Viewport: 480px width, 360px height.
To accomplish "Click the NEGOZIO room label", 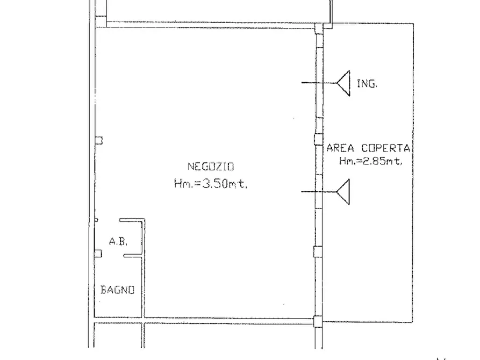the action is (211, 167).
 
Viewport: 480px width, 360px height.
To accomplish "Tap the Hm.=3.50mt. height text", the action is (211, 183).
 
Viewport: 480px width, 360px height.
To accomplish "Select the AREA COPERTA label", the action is (368, 148).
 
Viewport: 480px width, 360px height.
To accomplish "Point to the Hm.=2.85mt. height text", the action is (370, 161).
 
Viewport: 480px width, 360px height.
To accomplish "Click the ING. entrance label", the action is (367, 84).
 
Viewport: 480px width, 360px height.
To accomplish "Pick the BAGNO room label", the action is (118, 290).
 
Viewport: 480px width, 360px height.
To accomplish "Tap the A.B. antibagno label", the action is (118, 242).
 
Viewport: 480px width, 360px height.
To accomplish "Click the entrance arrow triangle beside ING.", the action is (344, 83).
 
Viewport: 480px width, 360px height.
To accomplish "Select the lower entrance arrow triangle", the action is (343, 192).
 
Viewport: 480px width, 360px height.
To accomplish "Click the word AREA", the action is (340, 148).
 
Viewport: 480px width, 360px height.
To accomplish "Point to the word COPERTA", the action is (386, 148).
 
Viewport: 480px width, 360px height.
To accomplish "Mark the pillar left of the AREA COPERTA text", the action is (318, 140).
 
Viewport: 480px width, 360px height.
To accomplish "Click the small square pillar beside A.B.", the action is (98, 254).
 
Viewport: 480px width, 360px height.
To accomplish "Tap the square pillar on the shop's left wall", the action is (98, 141).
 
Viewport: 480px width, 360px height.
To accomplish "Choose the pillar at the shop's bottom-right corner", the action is (318, 321).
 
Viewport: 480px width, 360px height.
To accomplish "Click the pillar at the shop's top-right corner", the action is (319, 28).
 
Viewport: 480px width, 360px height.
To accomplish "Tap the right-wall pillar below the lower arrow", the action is (318, 252).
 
